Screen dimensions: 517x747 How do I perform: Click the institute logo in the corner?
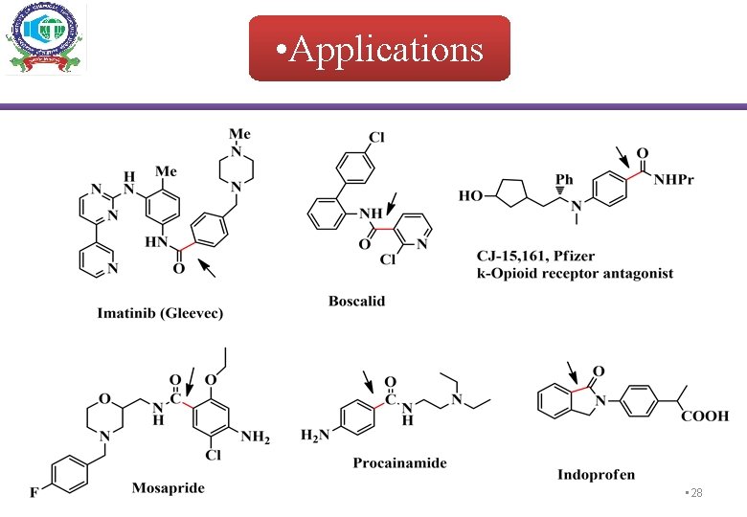(x=45, y=38)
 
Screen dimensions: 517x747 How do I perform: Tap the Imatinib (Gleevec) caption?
(x=160, y=313)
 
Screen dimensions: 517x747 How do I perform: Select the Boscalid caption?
(x=356, y=301)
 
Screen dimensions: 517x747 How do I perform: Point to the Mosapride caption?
(x=169, y=487)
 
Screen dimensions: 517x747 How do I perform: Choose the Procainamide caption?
(x=399, y=462)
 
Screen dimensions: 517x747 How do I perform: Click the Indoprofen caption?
(x=597, y=474)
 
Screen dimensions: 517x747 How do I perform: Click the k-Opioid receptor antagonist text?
(x=575, y=274)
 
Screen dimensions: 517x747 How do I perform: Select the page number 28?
(x=695, y=492)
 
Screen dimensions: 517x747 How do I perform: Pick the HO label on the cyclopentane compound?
(x=470, y=195)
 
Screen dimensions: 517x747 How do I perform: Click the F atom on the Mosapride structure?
(x=34, y=493)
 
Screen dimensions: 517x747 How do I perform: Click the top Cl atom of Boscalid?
(x=376, y=138)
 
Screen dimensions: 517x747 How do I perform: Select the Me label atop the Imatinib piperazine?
(x=239, y=133)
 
